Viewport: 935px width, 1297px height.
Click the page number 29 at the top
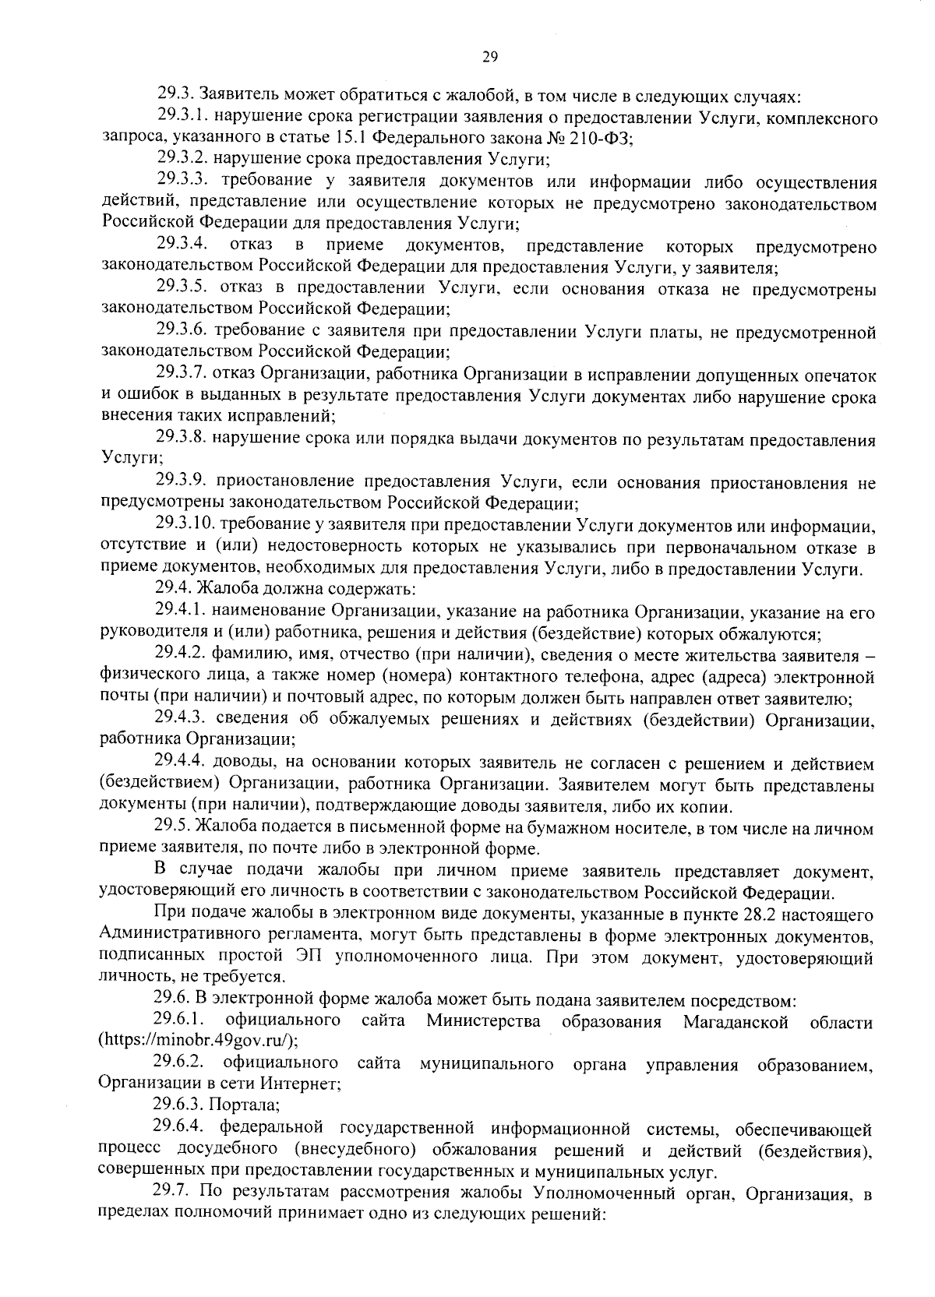489,56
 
